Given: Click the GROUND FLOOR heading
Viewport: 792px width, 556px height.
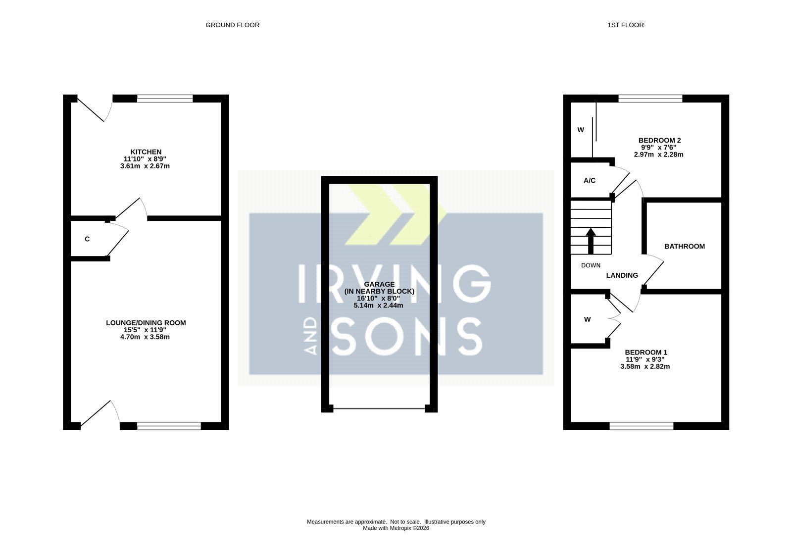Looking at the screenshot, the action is point(232,25).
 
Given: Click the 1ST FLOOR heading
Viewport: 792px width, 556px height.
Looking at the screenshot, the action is point(626,25).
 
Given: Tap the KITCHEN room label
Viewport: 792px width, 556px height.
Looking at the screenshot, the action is point(146,152).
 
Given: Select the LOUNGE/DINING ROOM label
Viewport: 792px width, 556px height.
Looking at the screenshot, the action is point(146,323).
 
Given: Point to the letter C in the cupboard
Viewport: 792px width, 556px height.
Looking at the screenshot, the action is point(87,240).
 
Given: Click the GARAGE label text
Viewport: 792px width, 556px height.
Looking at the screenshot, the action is point(379,284).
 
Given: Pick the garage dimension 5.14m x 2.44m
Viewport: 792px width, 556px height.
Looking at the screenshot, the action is point(378,305).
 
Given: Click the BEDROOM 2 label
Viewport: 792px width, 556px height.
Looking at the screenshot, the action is point(659,141).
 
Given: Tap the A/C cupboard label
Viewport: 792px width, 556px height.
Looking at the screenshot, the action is point(590,181).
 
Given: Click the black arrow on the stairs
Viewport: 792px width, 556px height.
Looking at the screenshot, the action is point(591,241).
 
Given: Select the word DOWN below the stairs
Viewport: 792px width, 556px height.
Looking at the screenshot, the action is point(591,265).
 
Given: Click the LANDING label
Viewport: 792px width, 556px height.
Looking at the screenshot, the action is point(622,275).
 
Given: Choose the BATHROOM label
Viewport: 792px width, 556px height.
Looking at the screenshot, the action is point(685,247).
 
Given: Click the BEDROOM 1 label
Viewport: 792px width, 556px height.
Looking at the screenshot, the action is point(646,353).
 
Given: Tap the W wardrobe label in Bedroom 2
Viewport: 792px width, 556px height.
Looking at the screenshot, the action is point(581,130).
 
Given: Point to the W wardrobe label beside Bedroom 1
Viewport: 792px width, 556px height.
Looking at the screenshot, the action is point(587,320).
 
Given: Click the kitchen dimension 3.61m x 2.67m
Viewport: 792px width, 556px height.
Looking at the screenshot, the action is point(145,166).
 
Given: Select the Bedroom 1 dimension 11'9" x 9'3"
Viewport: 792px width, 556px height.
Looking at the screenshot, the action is point(645,360).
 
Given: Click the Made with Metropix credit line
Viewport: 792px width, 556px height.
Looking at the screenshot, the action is point(396,528).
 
